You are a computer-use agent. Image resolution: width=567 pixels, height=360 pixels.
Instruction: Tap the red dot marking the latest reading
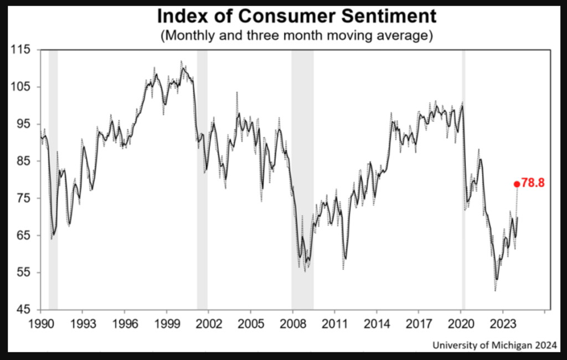coord(517,184)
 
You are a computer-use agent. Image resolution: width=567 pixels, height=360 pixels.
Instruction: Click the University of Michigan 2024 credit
coord(495,345)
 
